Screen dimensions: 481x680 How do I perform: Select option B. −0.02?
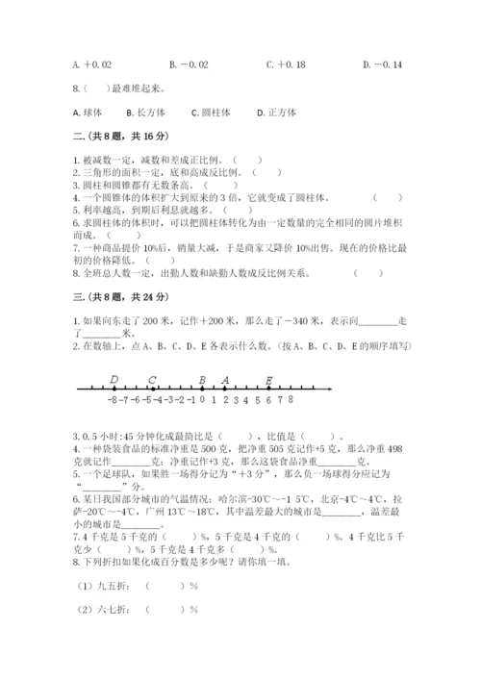click(188, 64)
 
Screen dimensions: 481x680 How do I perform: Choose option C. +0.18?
click(285, 64)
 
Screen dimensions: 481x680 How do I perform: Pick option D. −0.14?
click(383, 64)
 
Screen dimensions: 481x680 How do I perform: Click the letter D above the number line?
click(114, 379)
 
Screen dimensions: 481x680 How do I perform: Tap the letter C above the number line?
click(153, 379)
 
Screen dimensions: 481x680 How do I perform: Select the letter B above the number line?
click(202, 379)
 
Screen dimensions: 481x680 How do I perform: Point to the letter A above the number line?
click(225, 379)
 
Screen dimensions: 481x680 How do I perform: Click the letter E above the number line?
click(268, 379)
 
